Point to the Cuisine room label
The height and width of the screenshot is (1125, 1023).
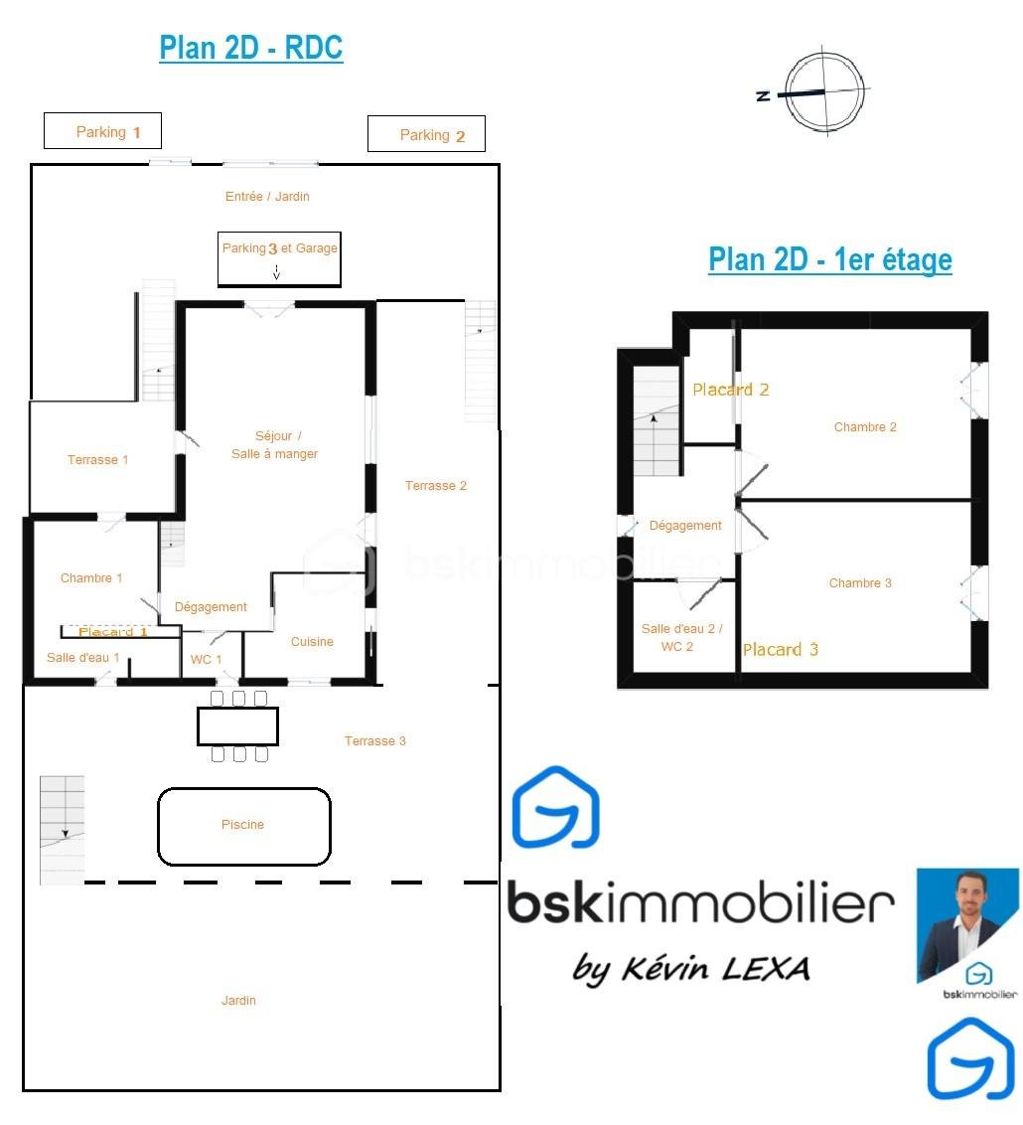point(312,641)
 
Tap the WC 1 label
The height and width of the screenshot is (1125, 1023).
point(206,659)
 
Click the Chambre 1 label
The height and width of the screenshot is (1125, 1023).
point(91,577)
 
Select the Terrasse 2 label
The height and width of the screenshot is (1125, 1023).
point(436,486)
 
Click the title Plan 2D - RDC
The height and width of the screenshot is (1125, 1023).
point(251,48)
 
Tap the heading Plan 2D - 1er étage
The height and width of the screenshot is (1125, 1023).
point(830,259)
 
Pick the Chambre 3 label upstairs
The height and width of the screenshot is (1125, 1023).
point(860,582)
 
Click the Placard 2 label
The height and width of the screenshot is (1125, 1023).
point(731,390)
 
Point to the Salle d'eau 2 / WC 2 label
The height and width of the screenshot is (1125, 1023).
point(681,637)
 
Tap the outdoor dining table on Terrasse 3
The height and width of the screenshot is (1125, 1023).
point(238,726)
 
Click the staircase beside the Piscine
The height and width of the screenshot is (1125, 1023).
point(62,830)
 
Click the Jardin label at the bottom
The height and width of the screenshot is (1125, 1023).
point(238,1000)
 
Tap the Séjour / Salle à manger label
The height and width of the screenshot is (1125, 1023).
point(274,445)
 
